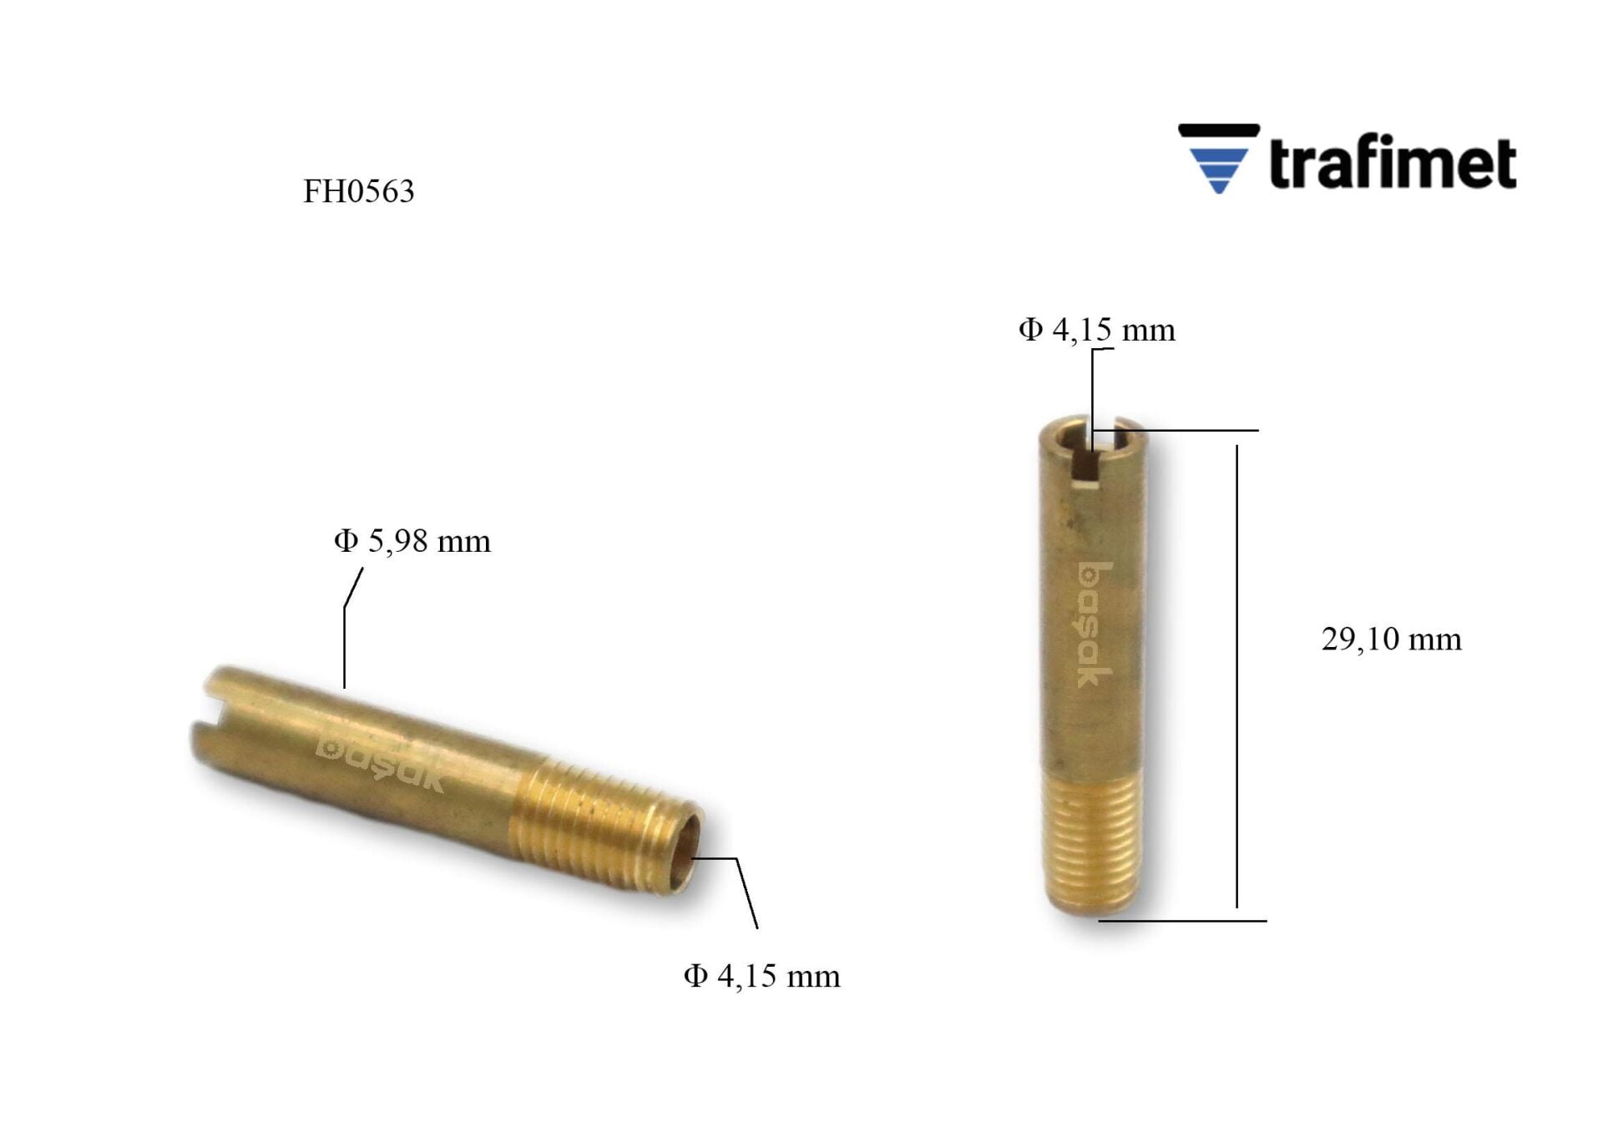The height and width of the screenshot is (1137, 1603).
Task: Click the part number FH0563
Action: [358, 191]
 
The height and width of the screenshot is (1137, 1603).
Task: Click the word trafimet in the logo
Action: [1392, 163]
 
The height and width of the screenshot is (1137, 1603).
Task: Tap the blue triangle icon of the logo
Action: [1219, 168]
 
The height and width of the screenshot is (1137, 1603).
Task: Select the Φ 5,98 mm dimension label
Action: [412, 541]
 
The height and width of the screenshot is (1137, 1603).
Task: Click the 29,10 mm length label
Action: [1391, 639]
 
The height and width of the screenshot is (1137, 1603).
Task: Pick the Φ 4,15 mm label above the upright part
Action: [1096, 330]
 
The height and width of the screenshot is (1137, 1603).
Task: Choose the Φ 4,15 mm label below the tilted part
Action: [761, 975]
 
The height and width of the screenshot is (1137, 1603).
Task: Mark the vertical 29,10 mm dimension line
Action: [1236, 676]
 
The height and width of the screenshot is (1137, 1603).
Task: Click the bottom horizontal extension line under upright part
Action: [1182, 921]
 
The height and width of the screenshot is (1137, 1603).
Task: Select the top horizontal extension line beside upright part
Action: [1202, 431]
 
